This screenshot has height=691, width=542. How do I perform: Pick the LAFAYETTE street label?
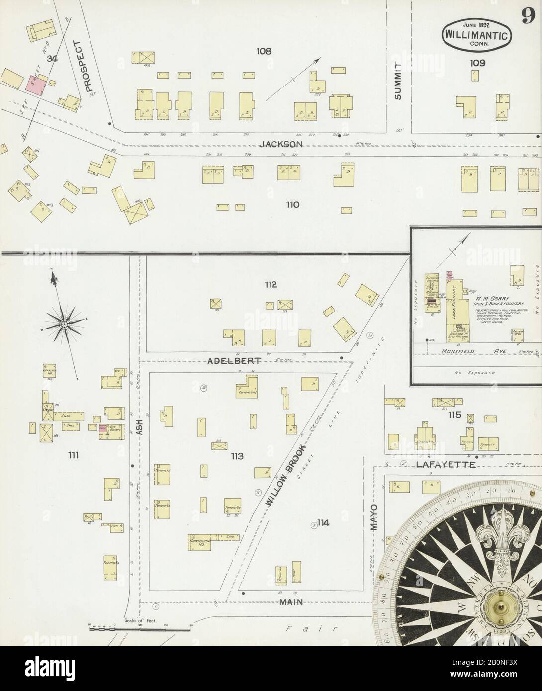[440, 465]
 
